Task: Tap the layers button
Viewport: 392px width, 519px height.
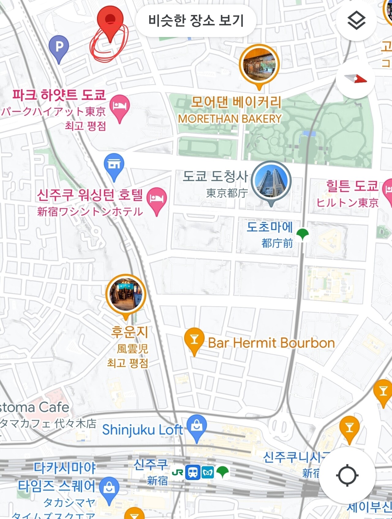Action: click(x=356, y=21)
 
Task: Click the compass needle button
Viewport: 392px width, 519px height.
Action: click(x=355, y=79)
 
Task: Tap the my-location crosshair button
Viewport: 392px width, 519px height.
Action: click(x=347, y=476)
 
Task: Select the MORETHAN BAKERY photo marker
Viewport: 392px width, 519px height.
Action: click(x=259, y=65)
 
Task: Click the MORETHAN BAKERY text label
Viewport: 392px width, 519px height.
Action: click(x=230, y=118)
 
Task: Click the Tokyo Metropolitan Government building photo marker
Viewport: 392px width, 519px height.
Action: click(x=271, y=181)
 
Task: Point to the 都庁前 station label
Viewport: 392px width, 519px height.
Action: click(x=277, y=243)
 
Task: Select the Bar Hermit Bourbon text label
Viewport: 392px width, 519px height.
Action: click(x=271, y=343)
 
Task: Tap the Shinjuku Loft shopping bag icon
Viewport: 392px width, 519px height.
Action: click(x=197, y=426)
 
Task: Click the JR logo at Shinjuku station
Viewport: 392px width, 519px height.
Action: click(x=178, y=472)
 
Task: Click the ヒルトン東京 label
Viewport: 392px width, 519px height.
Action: click(x=347, y=202)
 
